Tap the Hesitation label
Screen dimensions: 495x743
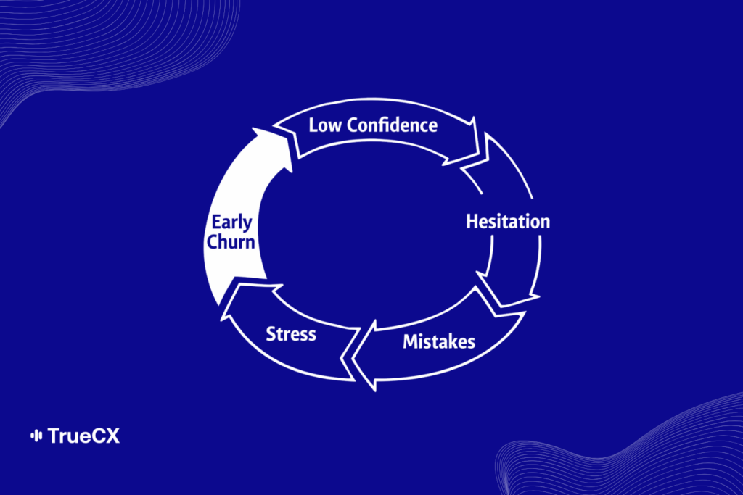coord(508,221)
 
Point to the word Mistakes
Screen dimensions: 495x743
coord(439,340)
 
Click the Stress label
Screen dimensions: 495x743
coord(291,334)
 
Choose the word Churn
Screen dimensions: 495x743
coord(231,241)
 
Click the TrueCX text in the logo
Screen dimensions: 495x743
coord(83,436)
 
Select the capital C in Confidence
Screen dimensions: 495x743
coord(353,125)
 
